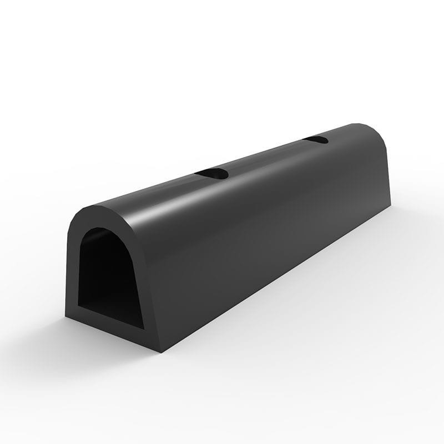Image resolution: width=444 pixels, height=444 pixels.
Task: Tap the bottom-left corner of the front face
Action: point(67,318)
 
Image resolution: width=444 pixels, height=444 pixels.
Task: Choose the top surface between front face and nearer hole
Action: point(150,194)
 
